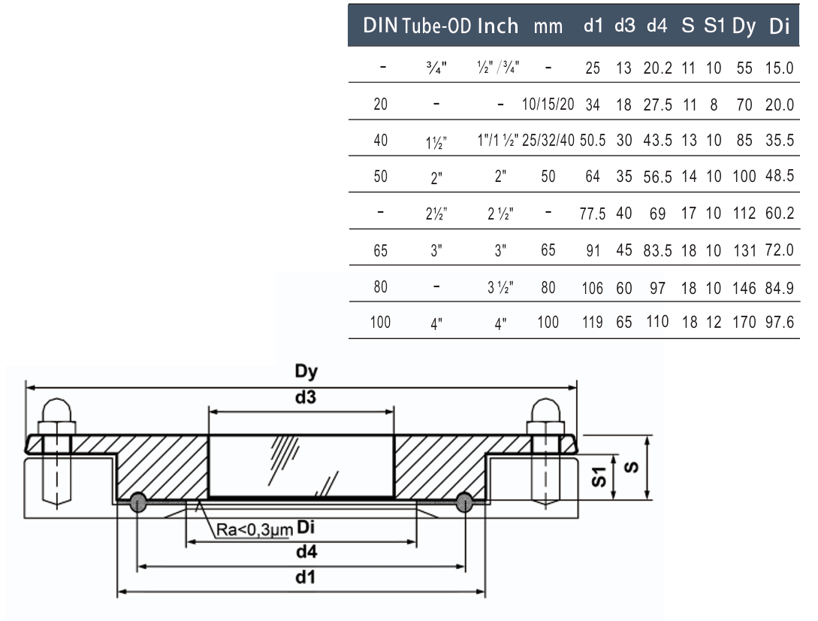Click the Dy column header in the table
744,26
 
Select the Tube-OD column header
436,26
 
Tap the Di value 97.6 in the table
779,323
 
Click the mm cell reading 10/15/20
548,104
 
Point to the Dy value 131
744,250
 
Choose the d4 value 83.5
657,250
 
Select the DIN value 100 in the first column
381,323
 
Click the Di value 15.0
779,68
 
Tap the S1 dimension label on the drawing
599,476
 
